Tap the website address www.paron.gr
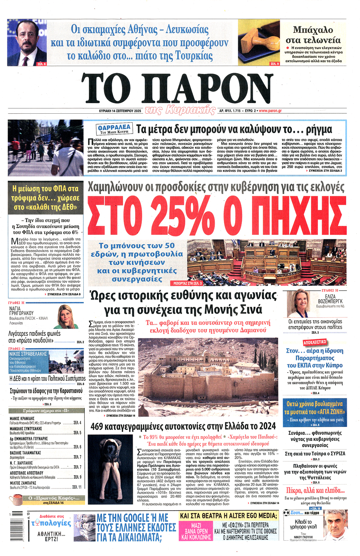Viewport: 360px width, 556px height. click(270, 111)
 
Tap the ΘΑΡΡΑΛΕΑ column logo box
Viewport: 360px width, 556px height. click(114, 129)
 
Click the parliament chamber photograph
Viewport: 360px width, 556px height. click(266, 262)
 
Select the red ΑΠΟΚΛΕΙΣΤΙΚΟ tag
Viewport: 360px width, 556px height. click(315, 342)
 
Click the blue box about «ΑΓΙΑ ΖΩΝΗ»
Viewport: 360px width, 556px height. click(315, 412)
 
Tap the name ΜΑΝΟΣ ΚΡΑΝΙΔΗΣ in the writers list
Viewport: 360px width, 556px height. click(22, 418)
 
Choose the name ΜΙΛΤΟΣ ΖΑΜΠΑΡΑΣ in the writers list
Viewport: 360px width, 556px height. click(23, 483)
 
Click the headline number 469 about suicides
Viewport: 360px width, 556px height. click(97, 427)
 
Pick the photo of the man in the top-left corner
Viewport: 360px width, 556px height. click(27, 43)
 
